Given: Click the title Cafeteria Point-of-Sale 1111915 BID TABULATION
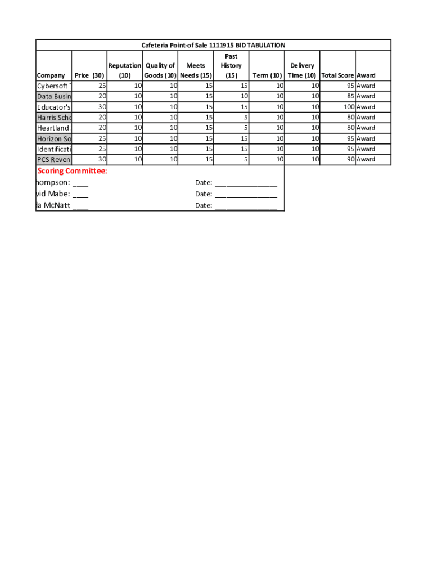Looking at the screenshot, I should [213, 45].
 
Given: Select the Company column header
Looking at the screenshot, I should [51, 75].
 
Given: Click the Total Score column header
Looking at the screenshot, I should [337, 75].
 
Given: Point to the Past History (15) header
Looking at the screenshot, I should [231, 66].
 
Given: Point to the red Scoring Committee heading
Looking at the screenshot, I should [72, 171].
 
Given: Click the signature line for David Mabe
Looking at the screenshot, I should [80, 195].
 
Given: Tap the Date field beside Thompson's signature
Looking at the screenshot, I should [245, 183].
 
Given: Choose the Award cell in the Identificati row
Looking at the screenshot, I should [366, 149].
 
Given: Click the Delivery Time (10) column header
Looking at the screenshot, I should [302, 70].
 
